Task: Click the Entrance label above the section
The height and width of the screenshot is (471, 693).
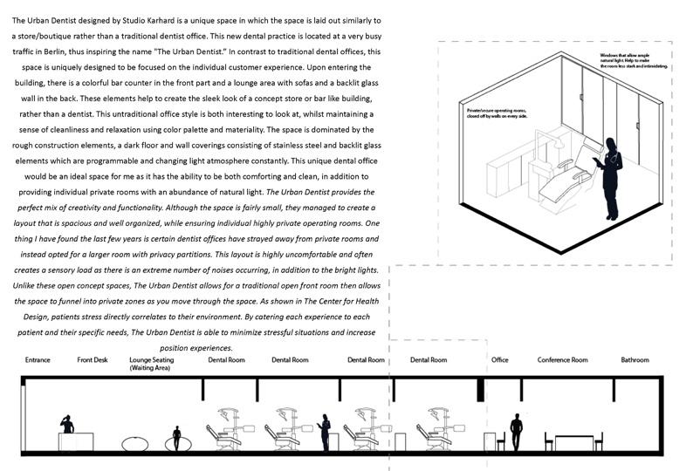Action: (38, 360)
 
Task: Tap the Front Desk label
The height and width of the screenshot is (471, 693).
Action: (92, 360)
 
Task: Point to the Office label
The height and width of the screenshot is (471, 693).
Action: (499, 360)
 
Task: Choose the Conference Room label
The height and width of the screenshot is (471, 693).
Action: (562, 360)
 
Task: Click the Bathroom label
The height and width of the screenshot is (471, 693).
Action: (635, 360)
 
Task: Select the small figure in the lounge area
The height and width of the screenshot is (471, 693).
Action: (177, 437)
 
